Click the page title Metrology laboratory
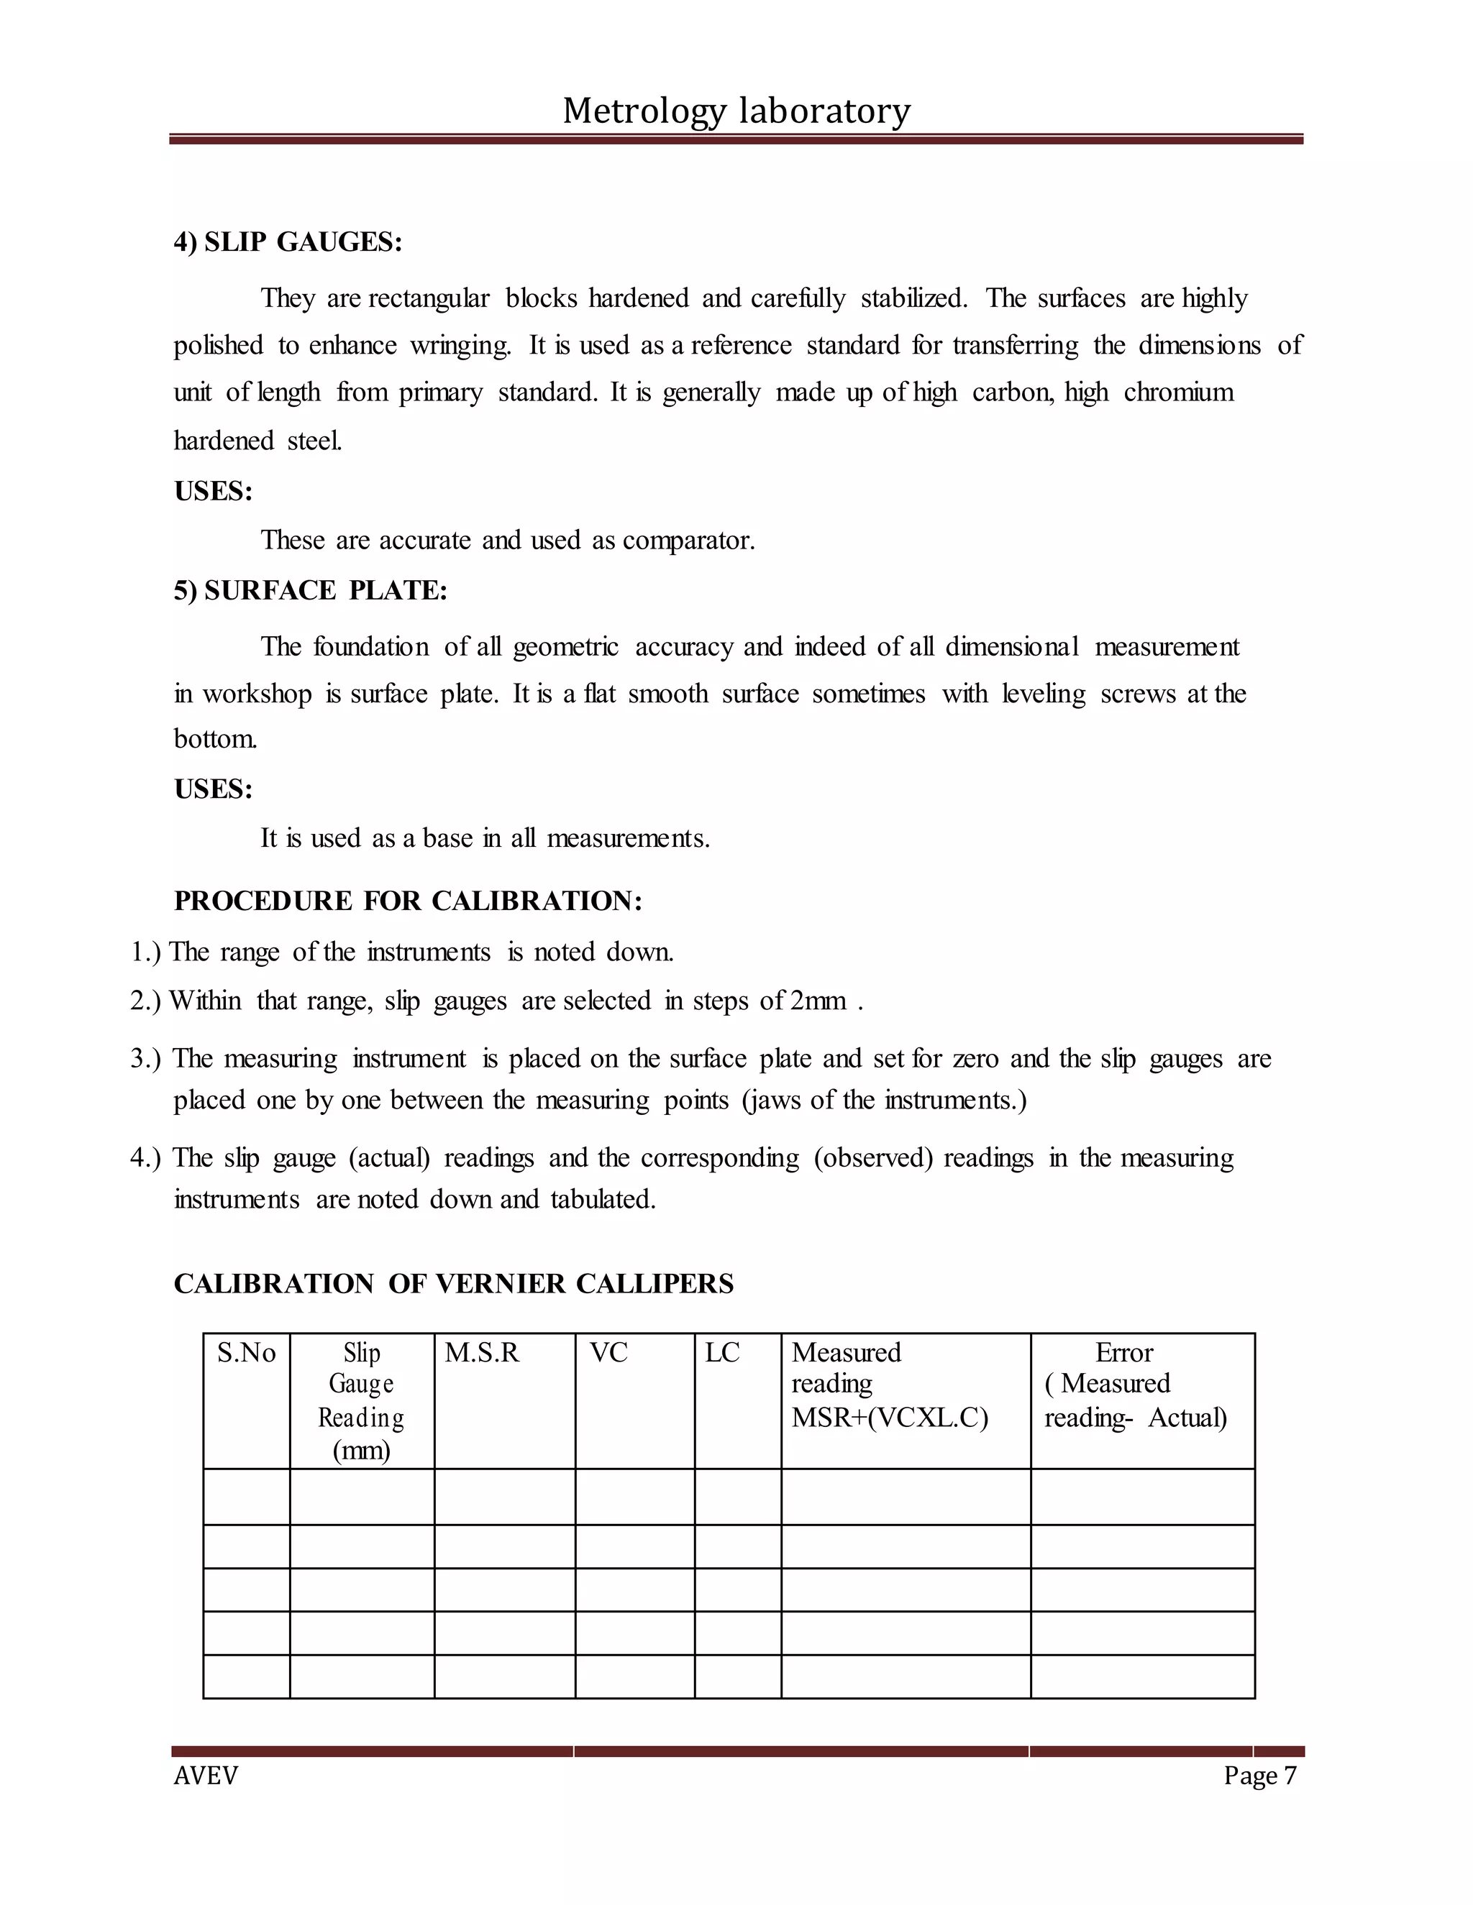pos(736,111)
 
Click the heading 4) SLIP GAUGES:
pos(288,242)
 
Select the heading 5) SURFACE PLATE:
pos(311,590)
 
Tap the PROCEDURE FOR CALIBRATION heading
pos(408,901)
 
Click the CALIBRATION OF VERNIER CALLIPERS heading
pos(454,1284)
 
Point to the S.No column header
pos(246,1353)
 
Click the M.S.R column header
pos(482,1353)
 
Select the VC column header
pos(608,1353)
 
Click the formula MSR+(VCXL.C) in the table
pos(889,1418)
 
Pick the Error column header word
pos(1124,1353)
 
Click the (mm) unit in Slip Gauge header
pos(361,1451)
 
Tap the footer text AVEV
pos(206,1776)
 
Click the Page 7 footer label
pos(1259,1776)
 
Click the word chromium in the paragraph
pos(1178,393)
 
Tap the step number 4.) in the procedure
pos(146,1158)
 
